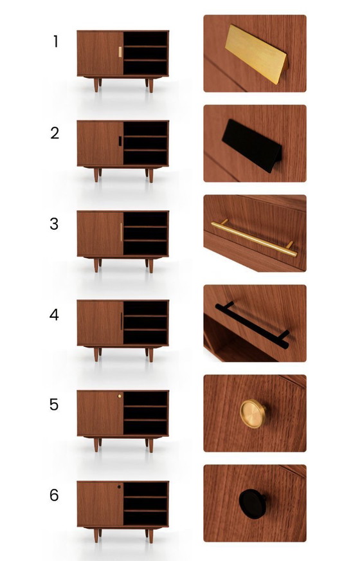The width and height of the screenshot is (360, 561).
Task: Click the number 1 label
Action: [x=55, y=42]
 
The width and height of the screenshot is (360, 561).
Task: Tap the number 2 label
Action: [x=55, y=133]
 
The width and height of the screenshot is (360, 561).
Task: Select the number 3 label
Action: [x=55, y=224]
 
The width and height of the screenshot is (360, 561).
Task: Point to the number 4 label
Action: [x=55, y=315]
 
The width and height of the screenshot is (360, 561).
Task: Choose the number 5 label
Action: [x=55, y=405]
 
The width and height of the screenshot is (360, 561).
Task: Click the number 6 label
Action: [x=55, y=495]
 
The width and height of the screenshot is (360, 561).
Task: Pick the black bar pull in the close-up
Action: [x=253, y=324]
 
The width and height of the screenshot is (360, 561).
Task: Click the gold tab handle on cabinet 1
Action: [x=120, y=51]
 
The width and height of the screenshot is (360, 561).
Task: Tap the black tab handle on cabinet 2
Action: [x=120, y=142]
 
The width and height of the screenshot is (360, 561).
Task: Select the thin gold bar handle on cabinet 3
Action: [x=121, y=232]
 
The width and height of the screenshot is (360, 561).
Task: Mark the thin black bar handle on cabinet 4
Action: [x=121, y=322]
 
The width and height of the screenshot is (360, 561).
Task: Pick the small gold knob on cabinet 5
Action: [x=120, y=397]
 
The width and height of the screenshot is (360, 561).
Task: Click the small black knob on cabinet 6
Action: [x=120, y=487]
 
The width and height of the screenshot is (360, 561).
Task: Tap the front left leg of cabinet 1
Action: [x=97, y=86]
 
